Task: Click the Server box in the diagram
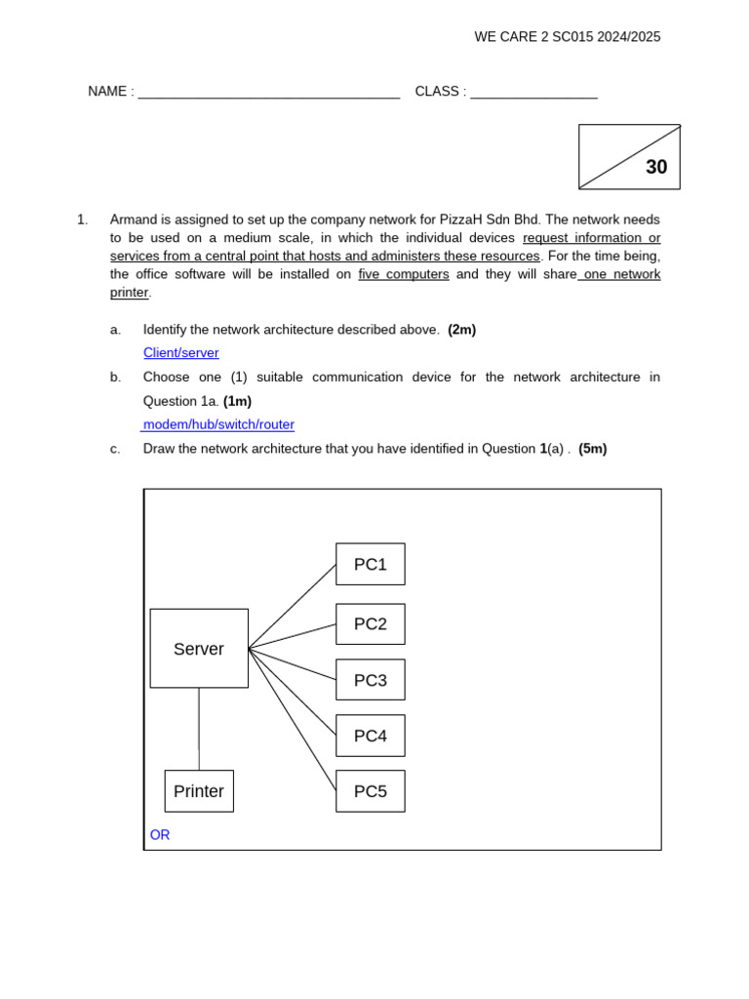point(199,649)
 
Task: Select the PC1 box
point(371,564)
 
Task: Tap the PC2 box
point(371,624)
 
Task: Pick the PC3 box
point(371,680)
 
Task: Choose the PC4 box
point(371,736)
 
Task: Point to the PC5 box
point(371,791)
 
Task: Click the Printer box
point(199,791)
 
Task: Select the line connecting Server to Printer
point(199,729)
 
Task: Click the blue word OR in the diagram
point(160,835)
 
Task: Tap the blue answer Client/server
point(181,353)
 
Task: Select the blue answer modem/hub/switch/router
point(218,425)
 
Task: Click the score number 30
point(656,167)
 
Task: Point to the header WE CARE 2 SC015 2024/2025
point(568,37)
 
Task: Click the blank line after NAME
point(269,93)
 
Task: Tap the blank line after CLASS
point(533,93)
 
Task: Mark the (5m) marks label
point(592,449)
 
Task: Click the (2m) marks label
point(462,330)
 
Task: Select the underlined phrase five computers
point(404,274)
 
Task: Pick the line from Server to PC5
point(293,720)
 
